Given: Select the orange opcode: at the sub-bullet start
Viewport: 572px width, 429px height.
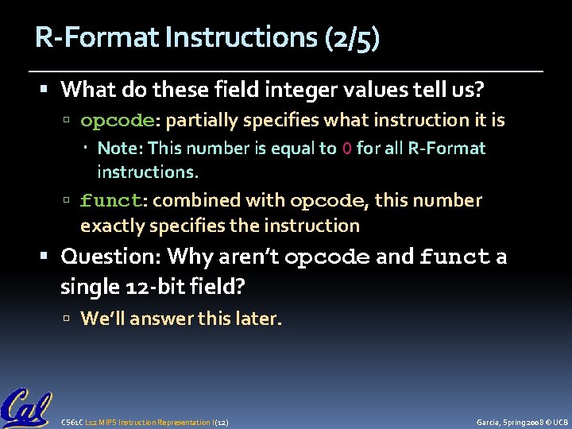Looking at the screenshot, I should (121, 121).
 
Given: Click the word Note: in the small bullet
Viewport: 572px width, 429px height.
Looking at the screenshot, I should (120, 149).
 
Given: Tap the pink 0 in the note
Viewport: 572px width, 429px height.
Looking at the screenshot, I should (346, 149).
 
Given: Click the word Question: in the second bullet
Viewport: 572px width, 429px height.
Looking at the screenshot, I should (110, 257).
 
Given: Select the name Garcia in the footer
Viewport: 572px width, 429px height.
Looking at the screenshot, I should (488, 421).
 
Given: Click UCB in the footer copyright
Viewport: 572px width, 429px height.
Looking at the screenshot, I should (560, 421).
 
